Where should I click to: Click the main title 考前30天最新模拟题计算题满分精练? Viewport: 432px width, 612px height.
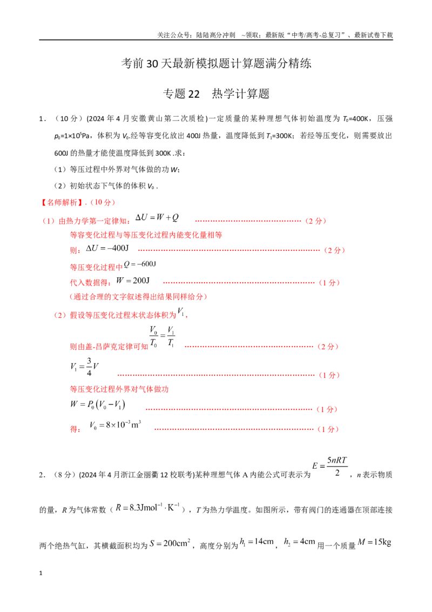(x=216, y=63)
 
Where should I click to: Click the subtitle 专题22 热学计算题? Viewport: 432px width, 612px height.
(x=216, y=94)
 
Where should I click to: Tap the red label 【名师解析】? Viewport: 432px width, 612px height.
(x=62, y=202)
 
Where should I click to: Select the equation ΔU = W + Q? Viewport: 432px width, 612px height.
(x=157, y=217)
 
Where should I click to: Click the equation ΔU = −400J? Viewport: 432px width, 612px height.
(x=107, y=248)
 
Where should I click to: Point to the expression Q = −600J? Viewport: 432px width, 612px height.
(x=139, y=264)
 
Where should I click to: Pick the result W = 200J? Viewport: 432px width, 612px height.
(x=133, y=281)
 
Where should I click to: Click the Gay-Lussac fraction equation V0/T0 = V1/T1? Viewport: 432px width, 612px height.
(x=162, y=337)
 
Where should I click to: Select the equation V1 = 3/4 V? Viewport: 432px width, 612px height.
(x=84, y=367)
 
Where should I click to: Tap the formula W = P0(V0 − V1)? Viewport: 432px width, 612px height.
(x=98, y=404)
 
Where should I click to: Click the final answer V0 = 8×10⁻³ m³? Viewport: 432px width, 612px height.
(x=116, y=424)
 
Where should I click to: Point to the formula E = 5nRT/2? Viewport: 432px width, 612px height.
(x=330, y=466)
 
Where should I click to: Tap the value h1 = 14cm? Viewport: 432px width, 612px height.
(x=256, y=542)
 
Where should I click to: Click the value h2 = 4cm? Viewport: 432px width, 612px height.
(x=300, y=542)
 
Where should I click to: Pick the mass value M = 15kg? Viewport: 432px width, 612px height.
(x=374, y=542)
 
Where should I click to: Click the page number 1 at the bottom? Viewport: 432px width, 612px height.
(x=40, y=573)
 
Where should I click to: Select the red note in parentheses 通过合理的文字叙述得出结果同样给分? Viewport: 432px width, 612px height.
(x=138, y=297)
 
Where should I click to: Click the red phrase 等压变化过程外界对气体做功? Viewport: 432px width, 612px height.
(x=119, y=389)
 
